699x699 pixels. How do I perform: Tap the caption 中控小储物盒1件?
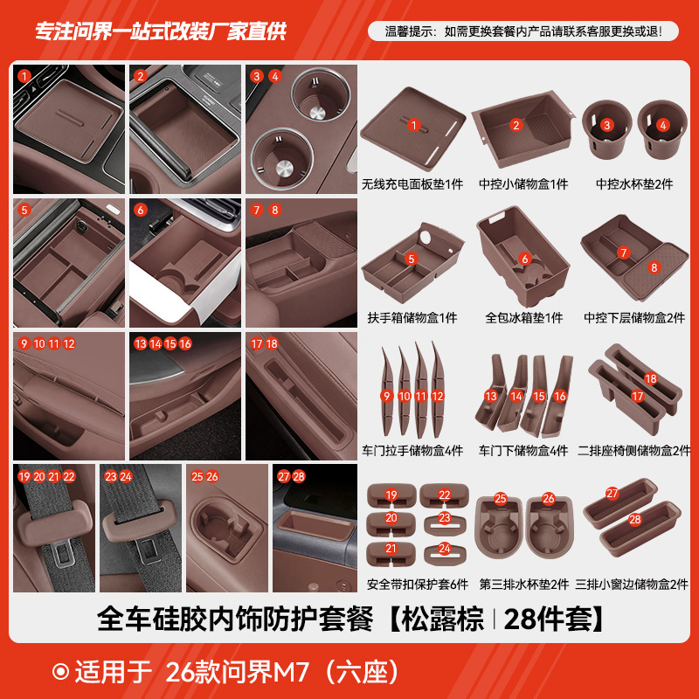click(x=522, y=184)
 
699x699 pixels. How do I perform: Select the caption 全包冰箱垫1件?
click(x=523, y=318)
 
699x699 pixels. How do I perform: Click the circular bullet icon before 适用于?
click(x=60, y=672)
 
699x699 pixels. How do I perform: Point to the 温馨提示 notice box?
click(x=522, y=31)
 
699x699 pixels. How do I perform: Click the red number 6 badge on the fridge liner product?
click(x=524, y=259)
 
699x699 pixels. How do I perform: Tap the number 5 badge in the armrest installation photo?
click(x=24, y=210)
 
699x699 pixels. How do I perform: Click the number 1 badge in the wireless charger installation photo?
click(x=24, y=76)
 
